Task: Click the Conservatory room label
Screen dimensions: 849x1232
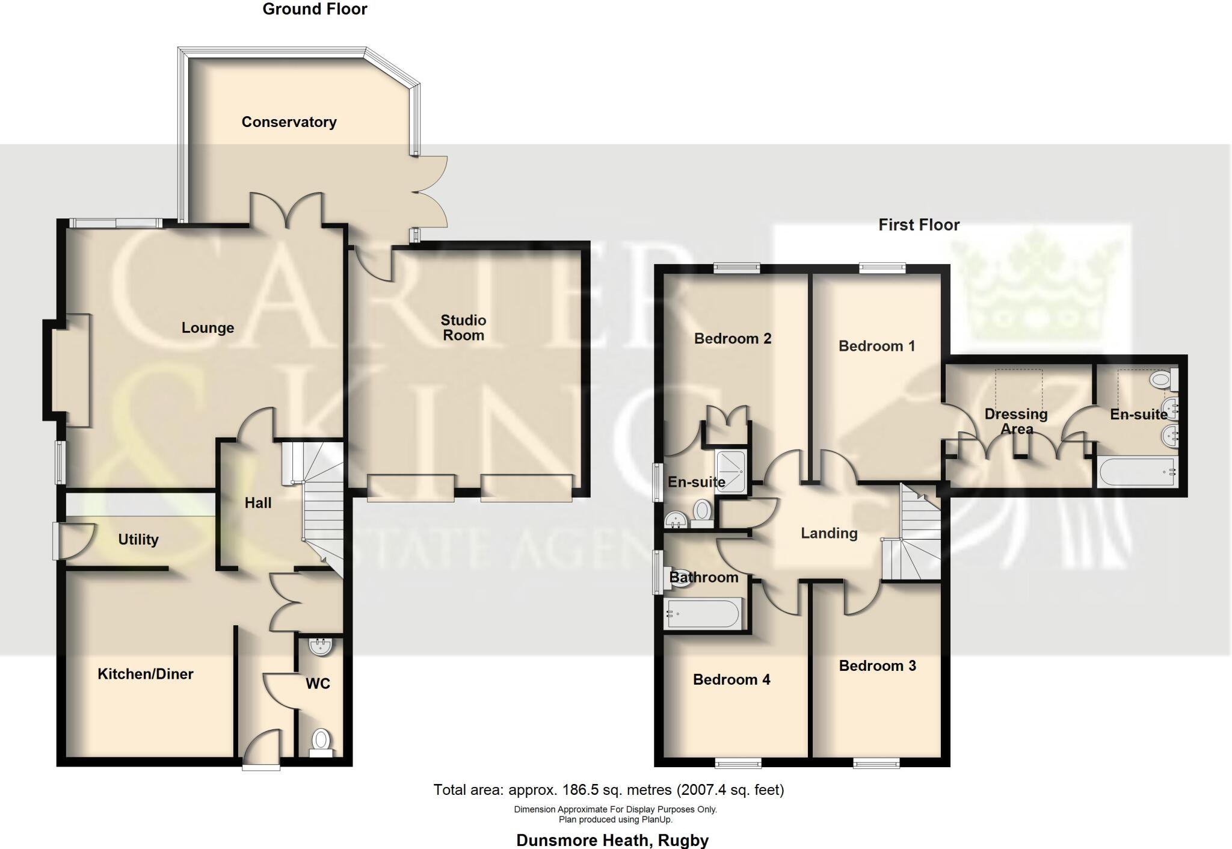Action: point(289,122)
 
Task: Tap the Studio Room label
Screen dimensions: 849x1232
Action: point(463,328)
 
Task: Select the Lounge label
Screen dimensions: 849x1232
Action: point(208,328)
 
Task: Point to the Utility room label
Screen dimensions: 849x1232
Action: point(138,540)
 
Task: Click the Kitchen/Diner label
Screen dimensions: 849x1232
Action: point(146,674)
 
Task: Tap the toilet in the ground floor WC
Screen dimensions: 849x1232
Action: point(321,741)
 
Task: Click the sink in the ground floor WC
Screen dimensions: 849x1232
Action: point(320,647)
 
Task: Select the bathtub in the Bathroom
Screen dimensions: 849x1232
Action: point(702,614)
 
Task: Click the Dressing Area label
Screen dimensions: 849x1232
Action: point(1016,421)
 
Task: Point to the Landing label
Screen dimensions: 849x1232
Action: point(829,533)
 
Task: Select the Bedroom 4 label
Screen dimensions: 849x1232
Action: point(731,680)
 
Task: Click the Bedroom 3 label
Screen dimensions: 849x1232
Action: point(877,665)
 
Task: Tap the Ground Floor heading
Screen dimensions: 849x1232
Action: point(315,9)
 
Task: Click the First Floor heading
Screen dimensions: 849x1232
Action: point(919,225)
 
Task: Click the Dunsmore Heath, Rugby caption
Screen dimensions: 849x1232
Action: point(612,840)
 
